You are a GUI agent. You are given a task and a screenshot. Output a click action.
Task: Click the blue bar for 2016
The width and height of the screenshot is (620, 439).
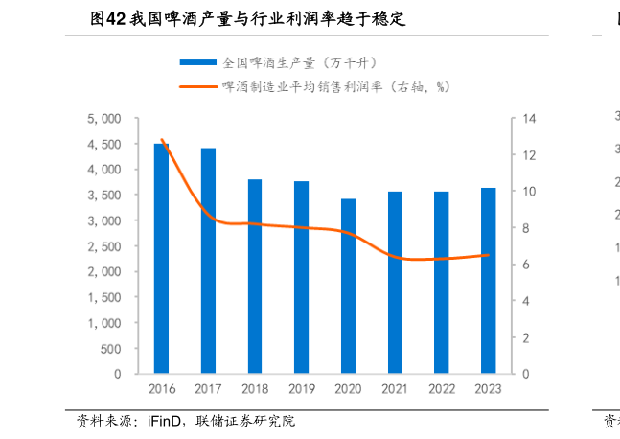(161, 259)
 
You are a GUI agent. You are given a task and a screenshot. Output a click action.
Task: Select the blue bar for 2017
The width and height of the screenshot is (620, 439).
(208, 261)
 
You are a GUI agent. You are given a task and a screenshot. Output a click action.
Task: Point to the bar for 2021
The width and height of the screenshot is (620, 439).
(395, 282)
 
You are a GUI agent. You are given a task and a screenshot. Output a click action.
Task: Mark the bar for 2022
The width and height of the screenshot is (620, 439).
(441, 282)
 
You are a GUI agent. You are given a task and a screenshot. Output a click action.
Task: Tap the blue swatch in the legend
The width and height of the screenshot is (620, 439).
(197, 63)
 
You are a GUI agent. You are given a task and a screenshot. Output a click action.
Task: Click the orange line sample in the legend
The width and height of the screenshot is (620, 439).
(197, 86)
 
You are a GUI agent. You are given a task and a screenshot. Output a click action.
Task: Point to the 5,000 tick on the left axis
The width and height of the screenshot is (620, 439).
(104, 119)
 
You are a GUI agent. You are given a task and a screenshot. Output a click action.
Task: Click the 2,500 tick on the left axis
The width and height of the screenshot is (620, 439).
(104, 246)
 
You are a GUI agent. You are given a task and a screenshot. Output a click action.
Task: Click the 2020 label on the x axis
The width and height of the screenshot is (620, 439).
(348, 389)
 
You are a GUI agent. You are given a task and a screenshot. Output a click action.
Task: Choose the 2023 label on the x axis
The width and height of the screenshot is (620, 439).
(488, 389)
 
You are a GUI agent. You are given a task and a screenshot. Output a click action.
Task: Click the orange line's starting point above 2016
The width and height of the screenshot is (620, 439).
(161, 140)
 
